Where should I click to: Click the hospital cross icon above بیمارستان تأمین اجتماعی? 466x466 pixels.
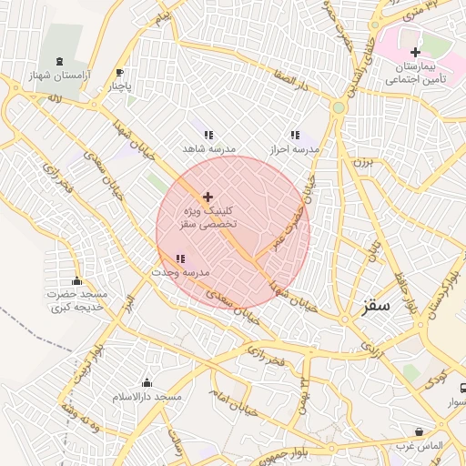416,53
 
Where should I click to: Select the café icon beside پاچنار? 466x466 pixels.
120,73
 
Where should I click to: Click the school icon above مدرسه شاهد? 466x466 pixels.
208,135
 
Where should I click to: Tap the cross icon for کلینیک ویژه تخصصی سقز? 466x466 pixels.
208,197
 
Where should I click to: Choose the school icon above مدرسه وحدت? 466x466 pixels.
179,259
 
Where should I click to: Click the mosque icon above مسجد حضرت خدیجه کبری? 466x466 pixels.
76,280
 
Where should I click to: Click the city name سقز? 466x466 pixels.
375,306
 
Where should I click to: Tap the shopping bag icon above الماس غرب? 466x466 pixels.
419,431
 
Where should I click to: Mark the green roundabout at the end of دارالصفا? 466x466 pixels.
339,107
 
